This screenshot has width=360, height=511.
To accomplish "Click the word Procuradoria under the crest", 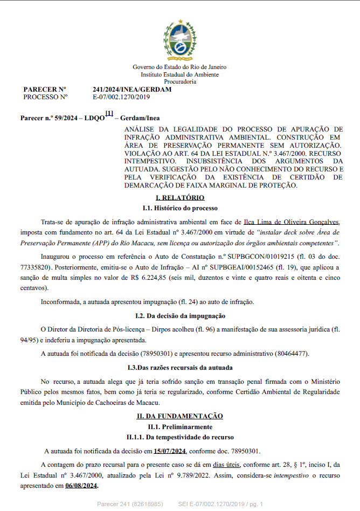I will pos(179,81).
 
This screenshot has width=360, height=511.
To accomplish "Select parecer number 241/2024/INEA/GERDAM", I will pos(132,89).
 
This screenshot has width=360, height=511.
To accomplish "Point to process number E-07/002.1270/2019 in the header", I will pos(121,97).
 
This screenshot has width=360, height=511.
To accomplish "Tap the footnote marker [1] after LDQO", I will pos(109,113).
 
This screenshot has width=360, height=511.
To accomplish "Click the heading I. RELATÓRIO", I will pos(179,198).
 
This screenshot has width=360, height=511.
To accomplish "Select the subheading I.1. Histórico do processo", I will pos(179,208).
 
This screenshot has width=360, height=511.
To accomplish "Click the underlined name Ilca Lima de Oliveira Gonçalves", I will pos(292,222).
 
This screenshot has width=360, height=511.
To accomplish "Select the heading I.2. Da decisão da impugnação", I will pos(179,315).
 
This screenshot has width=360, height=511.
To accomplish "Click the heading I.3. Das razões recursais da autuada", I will pos(179,368).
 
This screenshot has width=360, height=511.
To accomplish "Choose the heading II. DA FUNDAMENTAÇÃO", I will pos(179,416).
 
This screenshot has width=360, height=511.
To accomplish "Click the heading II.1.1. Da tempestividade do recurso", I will pos(179,437).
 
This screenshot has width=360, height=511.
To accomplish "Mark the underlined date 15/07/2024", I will pos(169,451).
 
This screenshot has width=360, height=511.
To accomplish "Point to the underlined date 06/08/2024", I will pos(81,486).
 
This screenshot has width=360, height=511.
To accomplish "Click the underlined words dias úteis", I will pos(226,465).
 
